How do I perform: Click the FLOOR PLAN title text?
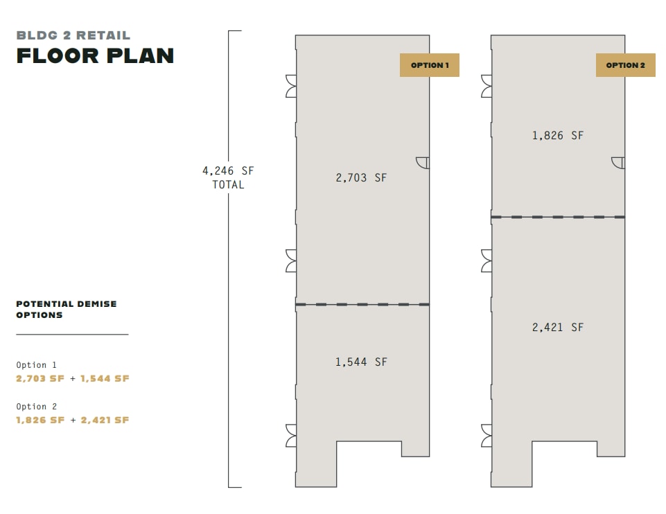point(95,56)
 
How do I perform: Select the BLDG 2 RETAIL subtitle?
point(73,35)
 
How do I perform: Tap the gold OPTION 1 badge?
point(430,65)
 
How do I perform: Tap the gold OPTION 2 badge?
point(625,65)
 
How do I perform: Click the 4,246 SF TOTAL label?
point(228,177)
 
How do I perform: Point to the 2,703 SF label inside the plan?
point(361,178)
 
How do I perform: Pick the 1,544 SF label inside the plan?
point(361,362)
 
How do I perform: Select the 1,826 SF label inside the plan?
point(557,136)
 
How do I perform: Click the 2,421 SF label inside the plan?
point(557,327)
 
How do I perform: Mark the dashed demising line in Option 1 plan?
point(362,304)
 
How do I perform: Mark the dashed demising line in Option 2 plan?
point(558,217)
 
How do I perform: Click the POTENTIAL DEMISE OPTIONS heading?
point(67,309)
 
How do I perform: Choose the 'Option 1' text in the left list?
point(37,365)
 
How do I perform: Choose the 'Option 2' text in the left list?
point(37,407)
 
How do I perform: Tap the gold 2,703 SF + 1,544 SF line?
point(73,379)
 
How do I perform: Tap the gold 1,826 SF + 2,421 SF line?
point(73,420)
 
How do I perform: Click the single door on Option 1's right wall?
point(423,162)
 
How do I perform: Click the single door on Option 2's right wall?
point(618,162)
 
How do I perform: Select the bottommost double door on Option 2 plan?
point(487,435)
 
